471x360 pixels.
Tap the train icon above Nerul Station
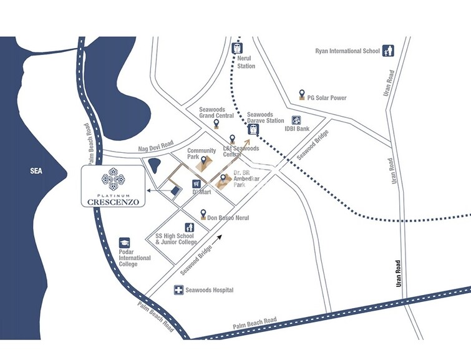tap(238, 48)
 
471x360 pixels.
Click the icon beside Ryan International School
tap(387, 51)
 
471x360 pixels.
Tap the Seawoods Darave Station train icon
tap(253, 129)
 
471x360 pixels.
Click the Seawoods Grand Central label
tap(216, 112)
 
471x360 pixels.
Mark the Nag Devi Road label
tap(155, 149)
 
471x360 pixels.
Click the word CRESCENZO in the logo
tap(113, 202)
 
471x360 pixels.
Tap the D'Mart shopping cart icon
tap(197, 184)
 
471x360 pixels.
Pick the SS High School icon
tap(188, 228)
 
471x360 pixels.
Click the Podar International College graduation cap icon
tap(125, 242)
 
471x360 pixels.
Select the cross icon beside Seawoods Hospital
tap(178, 290)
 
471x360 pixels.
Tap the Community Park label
tap(202, 153)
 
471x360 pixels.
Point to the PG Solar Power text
tap(327, 98)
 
